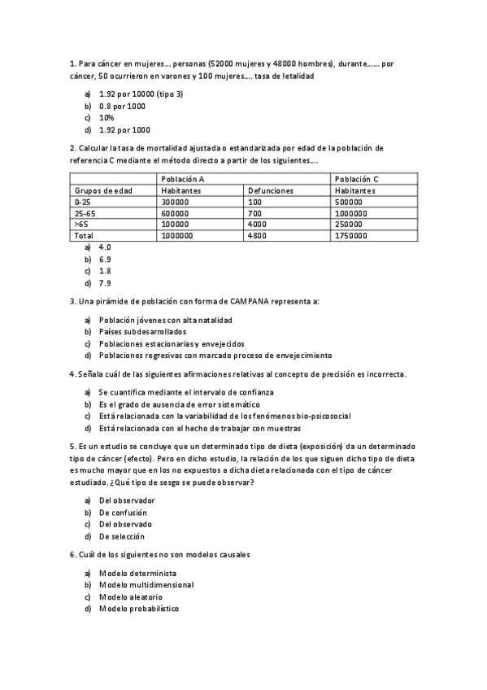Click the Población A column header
pos(182,179)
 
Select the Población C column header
pos(356,179)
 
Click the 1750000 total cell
pos(350,235)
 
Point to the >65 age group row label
pos(80,224)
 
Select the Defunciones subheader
pos(271,190)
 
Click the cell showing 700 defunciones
pos(254,213)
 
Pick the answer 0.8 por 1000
pos(122,106)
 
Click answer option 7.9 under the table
pos(105,283)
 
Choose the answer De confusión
pos(123,513)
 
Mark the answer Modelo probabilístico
pos(138,609)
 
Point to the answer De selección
pos(122,536)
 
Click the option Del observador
pos(126,500)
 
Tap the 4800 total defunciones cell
pos(256,235)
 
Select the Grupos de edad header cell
pos(103,190)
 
